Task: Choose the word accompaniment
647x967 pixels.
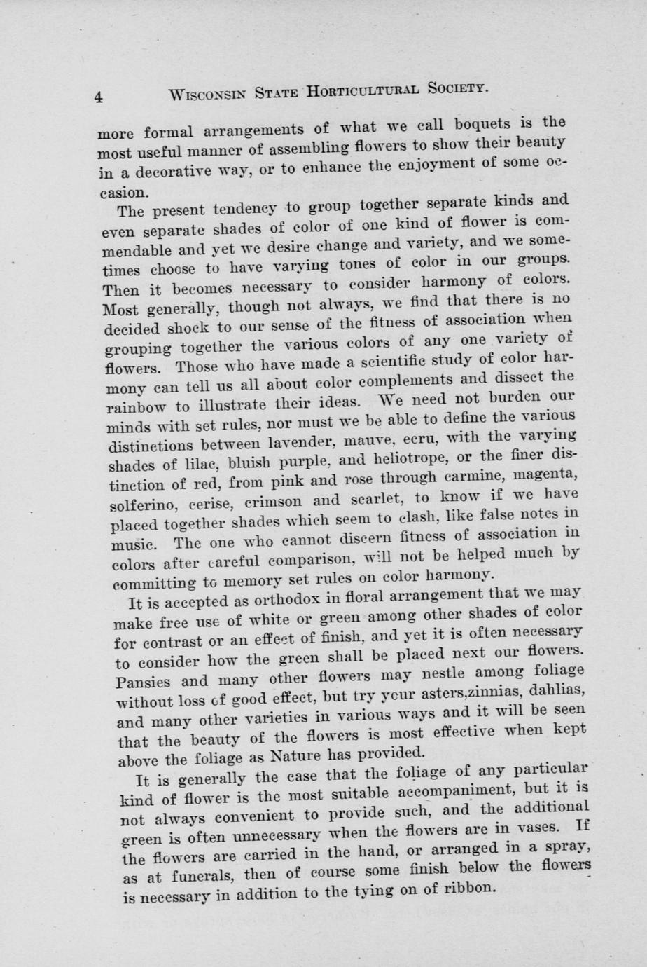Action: [426, 790]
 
